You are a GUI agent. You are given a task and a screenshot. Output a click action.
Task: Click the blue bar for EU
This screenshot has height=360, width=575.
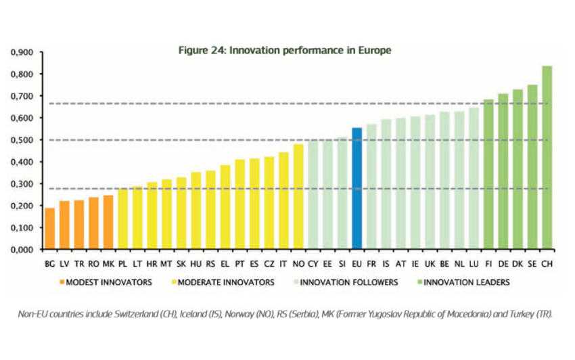tap(356, 189)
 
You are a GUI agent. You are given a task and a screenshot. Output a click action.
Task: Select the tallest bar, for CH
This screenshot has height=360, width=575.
tap(547, 158)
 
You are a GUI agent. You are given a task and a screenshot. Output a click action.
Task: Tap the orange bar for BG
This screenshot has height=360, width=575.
tap(50, 229)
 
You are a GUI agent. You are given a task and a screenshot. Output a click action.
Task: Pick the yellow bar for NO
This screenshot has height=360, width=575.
tap(298, 197)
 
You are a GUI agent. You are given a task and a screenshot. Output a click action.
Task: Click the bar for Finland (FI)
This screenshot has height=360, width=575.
tap(488, 175)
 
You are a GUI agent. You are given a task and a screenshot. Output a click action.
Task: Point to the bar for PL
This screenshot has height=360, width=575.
tap(123, 219)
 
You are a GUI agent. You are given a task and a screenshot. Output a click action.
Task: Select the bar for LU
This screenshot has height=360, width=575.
tap(474, 179)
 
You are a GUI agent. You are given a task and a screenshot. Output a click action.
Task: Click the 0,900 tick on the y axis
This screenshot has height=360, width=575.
tap(22, 52)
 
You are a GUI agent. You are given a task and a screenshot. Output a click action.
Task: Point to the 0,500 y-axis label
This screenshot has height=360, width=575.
tap(22, 140)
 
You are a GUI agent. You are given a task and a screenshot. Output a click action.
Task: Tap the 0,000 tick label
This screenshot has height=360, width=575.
tap(22, 250)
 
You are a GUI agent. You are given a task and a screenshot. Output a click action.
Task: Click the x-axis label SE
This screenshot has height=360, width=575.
tap(532, 264)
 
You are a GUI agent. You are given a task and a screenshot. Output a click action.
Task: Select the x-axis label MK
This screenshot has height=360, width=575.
tap(108, 264)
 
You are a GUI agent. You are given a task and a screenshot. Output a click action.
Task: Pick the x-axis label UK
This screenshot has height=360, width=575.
tap(430, 264)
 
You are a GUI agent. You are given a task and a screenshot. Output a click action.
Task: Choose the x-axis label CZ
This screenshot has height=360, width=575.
tap(269, 264)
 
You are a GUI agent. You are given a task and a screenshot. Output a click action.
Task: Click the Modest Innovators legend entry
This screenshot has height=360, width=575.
tap(106, 282)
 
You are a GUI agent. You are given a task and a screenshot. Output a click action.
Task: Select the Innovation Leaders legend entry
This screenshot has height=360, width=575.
tap(463, 282)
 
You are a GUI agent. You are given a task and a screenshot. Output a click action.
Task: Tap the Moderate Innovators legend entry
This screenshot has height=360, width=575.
tap(223, 282)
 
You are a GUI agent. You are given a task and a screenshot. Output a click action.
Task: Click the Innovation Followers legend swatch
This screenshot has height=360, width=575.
tap(296, 282)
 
